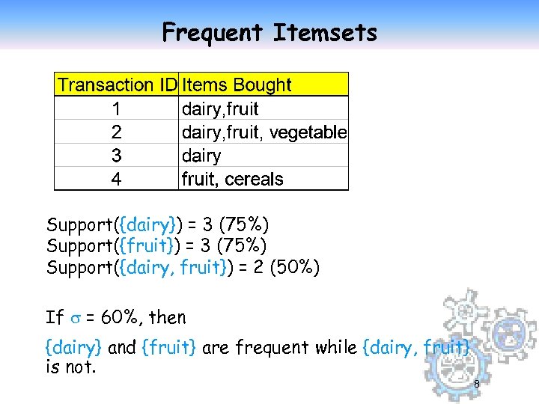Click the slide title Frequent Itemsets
pos(269,32)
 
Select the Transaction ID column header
pos(117,85)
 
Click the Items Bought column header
pos(237,85)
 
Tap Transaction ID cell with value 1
pos(116,108)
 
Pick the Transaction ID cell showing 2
pos(116,132)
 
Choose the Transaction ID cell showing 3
pos(116,156)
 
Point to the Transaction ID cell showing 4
pos(116,180)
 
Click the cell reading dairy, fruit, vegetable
pos(264,132)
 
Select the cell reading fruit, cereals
pos(233,180)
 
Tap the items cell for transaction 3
pos(202,156)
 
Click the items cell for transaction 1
pos(221,108)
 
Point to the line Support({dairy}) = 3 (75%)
pos(158,224)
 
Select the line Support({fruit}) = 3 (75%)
pos(156,245)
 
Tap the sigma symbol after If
pos(73,318)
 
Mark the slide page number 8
pos(476,385)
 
